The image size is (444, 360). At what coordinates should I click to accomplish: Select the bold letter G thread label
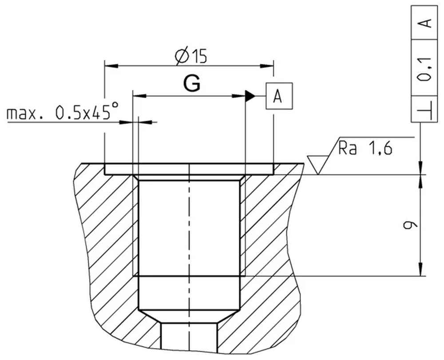(192, 83)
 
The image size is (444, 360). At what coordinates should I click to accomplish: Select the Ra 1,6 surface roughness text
(365, 148)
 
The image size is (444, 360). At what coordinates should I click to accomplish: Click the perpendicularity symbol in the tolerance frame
(425, 109)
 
